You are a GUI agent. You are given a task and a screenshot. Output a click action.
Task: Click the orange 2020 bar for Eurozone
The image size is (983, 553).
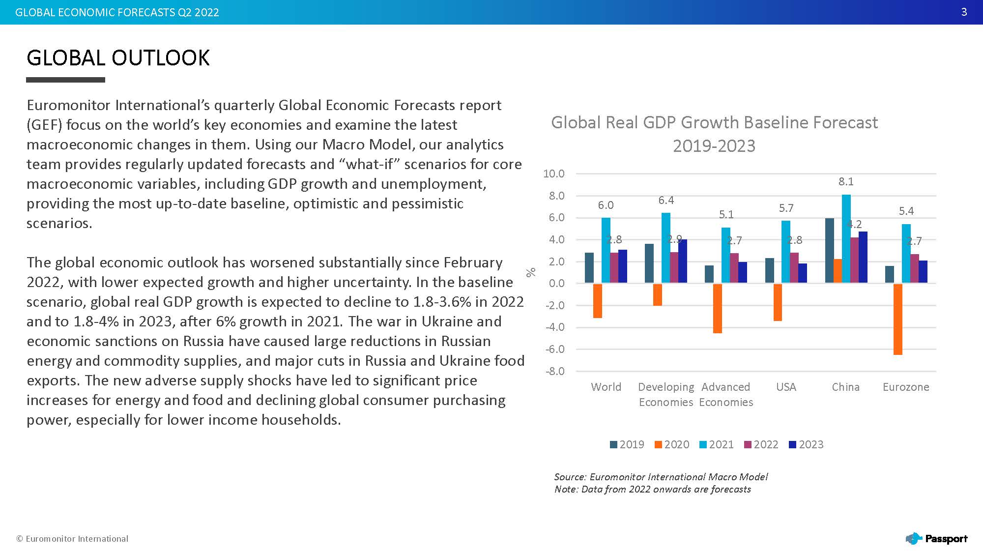[x=897, y=319]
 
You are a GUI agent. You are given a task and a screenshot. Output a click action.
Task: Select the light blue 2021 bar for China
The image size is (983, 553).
[x=846, y=239]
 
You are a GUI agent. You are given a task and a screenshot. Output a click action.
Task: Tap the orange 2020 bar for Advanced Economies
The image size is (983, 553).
[x=717, y=308]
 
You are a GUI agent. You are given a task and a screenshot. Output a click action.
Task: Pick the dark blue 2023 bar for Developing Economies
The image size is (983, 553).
[x=683, y=261]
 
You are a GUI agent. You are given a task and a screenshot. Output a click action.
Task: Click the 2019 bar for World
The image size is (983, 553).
[x=589, y=268]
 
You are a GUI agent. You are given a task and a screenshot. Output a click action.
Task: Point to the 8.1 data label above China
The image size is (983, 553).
[x=846, y=181]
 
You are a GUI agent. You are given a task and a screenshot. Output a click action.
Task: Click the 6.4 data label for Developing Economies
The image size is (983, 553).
[x=666, y=200]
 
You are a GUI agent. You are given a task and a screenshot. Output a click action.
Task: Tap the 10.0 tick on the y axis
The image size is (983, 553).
[x=553, y=174]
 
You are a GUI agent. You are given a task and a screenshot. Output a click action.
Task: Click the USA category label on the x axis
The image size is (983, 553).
[x=786, y=387]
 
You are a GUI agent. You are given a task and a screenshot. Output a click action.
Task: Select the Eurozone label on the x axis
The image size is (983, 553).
[x=906, y=387]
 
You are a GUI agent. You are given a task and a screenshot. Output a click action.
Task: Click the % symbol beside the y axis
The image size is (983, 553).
[x=531, y=272]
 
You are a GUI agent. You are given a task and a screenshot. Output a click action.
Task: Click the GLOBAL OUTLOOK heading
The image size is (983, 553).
[x=118, y=58]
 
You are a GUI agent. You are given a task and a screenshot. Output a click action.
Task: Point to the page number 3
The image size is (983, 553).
[x=964, y=12]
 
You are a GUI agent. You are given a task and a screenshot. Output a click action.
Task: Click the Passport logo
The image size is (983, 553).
[x=937, y=539]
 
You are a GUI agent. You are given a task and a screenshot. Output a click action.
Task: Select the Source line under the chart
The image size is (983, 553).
[x=661, y=477]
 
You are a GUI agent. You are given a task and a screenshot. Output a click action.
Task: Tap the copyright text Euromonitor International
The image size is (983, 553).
[x=72, y=539]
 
